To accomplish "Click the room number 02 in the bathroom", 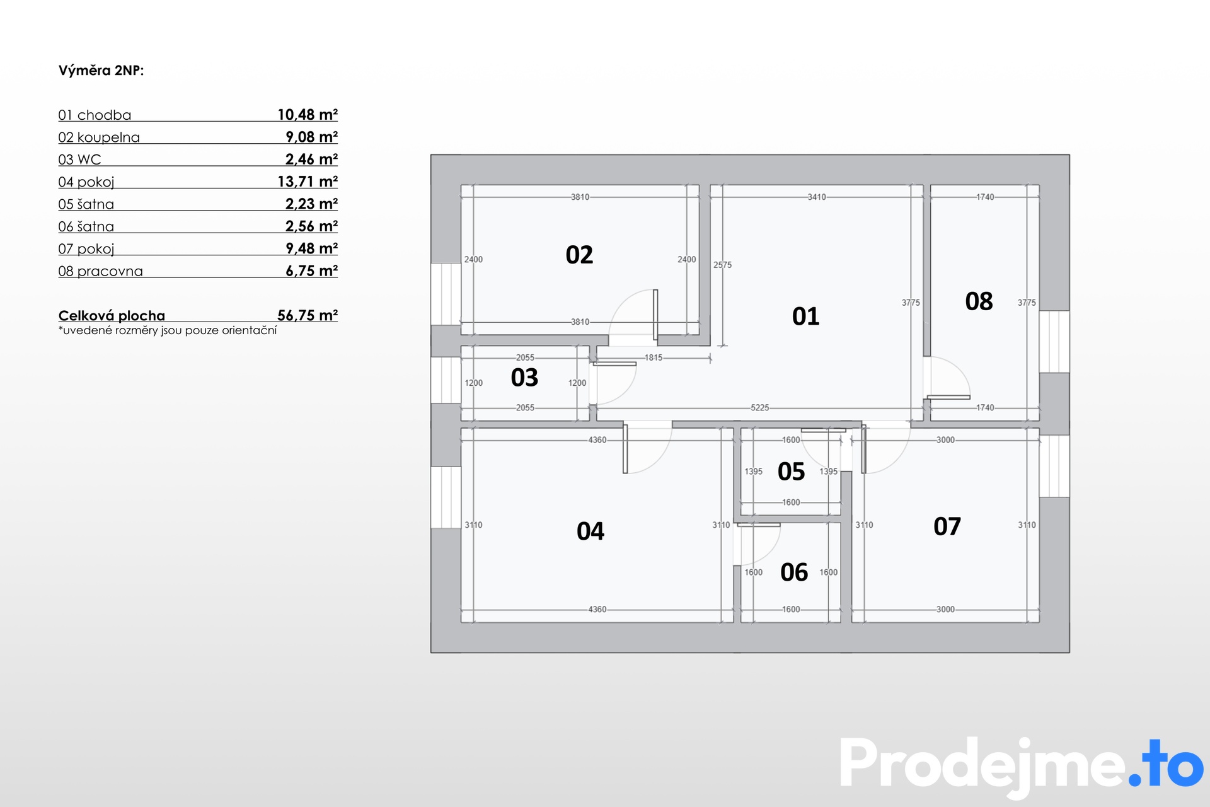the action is pyautogui.click(x=579, y=255).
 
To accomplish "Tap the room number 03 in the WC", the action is pyautogui.click(x=524, y=378).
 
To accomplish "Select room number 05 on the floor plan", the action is pyautogui.click(x=791, y=472).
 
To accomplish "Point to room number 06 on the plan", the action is pyautogui.click(x=793, y=572).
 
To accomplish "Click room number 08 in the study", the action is pyautogui.click(x=979, y=301).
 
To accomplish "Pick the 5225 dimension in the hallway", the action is pyautogui.click(x=760, y=408).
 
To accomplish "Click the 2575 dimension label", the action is pyautogui.click(x=723, y=265).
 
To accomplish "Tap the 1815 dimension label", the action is pyautogui.click(x=654, y=357).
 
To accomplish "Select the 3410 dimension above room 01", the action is pyautogui.click(x=817, y=197).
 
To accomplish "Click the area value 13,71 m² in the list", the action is pyautogui.click(x=308, y=182).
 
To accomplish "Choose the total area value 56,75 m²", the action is pyautogui.click(x=308, y=315).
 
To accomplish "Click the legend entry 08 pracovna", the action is pyautogui.click(x=100, y=271).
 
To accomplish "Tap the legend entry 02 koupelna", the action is pyautogui.click(x=99, y=137).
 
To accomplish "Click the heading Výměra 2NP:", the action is pyautogui.click(x=101, y=71).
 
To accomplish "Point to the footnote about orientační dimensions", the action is pyautogui.click(x=168, y=330).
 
